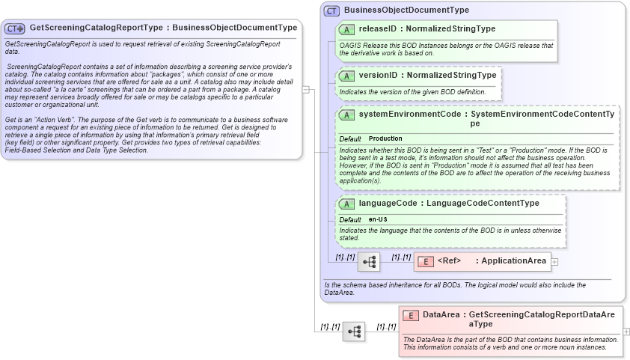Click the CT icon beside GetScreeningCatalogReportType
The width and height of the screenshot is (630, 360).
click(15, 28)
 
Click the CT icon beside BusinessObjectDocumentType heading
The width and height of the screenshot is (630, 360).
click(331, 10)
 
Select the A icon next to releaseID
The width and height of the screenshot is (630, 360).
click(346, 29)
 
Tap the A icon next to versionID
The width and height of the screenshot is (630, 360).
click(346, 76)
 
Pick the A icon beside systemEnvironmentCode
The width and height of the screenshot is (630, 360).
click(346, 115)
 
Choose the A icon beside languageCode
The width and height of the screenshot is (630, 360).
click(346, 204)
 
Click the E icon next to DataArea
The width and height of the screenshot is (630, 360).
click(411, 315)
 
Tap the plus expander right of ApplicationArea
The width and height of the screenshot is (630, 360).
click(554, 261)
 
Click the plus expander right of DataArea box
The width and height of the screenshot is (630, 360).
click(626, 331)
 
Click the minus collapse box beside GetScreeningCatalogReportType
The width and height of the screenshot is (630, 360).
click(305, 88)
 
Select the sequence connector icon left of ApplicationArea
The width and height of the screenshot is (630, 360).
click(369, 261)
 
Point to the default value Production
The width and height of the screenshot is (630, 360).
click(385, 138)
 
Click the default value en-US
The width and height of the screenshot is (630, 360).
click(378, 219)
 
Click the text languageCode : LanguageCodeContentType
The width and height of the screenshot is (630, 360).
click(449, 203)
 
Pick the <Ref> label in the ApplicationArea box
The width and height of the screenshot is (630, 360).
click(449, 260)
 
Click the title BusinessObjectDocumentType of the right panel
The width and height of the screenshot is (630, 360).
click(406, 10)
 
